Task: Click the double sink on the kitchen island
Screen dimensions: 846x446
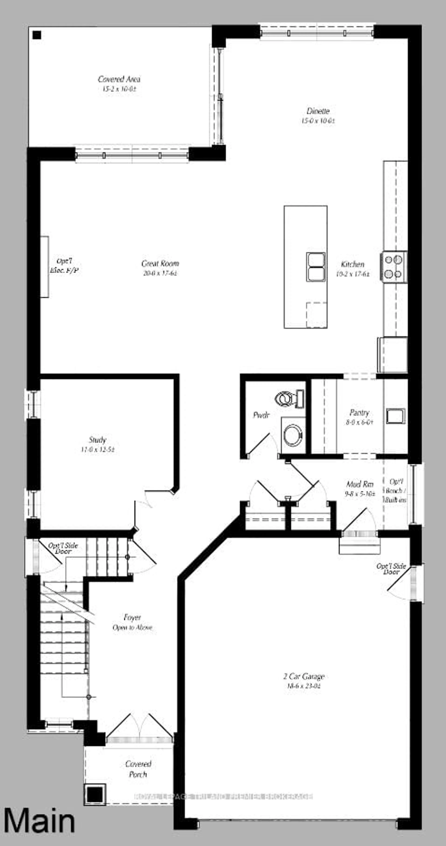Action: point(316,267)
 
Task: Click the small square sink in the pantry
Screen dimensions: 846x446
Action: point(395,416)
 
